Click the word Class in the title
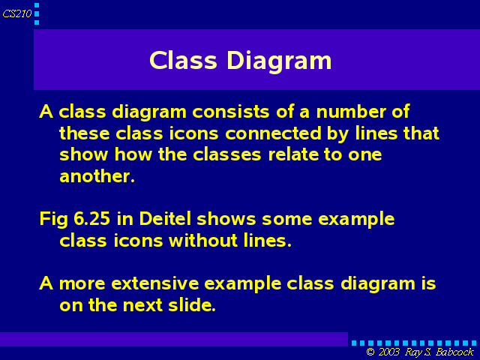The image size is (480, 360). coord(183,60)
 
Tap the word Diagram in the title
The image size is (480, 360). coord(280,61)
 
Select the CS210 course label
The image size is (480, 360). coord(16,13)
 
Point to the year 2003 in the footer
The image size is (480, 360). coord(388,352)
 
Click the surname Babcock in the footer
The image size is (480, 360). coord(455,352)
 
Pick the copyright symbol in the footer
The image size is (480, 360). coord(370,352)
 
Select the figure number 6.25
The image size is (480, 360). coord(91,219)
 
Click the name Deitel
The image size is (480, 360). coord(165,218)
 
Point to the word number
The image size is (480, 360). coord(351,112)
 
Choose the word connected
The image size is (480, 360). coord(273,133)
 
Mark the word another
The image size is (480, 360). coord(97,176)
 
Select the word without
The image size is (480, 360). coord(203,240)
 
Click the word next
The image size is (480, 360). coord(142,305)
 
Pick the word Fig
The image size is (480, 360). coord(53,220)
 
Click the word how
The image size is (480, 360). coord(133,154)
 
